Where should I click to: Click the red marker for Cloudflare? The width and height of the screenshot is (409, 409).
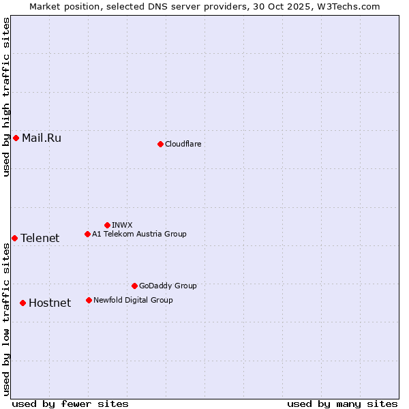click(160, 144)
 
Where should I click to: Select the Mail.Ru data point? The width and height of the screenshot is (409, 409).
click(16, 138)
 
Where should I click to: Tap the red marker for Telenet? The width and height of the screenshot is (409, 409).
click(14, 238)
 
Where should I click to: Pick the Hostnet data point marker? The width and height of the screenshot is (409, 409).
click(22, 303)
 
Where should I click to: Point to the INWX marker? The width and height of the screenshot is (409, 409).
click(107, 225)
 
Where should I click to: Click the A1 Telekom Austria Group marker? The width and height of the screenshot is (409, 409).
click(87, 234)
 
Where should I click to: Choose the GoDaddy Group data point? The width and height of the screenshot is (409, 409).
click(134, 286)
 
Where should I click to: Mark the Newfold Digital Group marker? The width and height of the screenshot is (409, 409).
click(89, 300)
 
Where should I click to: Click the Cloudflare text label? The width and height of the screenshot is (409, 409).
click(183, 144)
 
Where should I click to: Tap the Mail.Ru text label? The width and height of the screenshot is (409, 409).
click(42, 138)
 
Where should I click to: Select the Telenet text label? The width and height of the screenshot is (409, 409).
click(40, 238)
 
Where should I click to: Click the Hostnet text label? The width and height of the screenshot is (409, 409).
click(50, 303)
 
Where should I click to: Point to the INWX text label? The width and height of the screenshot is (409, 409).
click(122, 225)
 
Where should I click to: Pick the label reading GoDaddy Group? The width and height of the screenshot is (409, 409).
click(168, 286)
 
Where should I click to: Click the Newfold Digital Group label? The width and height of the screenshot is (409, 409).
click(133, 300)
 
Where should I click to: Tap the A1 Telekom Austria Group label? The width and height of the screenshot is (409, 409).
click(139, 234)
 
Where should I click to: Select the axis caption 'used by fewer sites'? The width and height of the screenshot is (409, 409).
click(70, 404)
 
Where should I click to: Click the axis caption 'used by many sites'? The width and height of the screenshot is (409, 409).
click(342, 404)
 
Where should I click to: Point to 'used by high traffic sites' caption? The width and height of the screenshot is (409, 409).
click(6, 97)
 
